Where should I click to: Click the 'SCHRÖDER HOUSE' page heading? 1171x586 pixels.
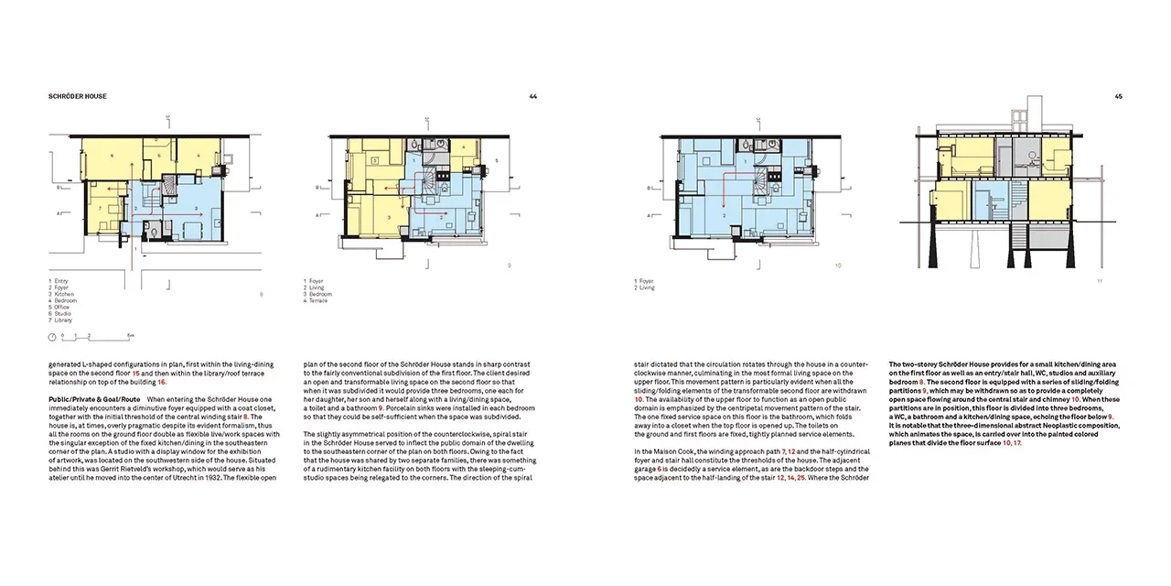point(78,96)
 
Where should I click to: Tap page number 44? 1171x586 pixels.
point(533,96)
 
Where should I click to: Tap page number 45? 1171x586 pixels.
point(1118,96)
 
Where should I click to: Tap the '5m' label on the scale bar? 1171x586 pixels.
point(132,337)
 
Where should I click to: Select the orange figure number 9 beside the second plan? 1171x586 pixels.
point(509,266)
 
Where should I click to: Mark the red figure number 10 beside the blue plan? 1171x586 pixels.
point(838,266)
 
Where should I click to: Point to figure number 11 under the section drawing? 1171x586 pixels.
point(1100,281)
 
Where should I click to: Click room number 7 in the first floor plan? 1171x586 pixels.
point(99,209)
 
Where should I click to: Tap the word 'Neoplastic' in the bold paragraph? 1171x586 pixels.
point(1062,426)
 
